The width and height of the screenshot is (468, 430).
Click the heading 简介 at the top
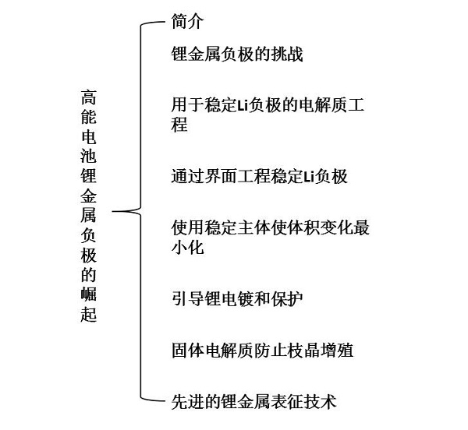tap(187, 22)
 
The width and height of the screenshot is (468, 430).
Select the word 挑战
tap(287, 54)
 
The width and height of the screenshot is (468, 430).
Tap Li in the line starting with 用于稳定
tap(243, 105)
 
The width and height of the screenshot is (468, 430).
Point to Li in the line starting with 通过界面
tap(309, 177)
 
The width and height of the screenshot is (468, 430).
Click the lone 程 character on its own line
tap(179, 125)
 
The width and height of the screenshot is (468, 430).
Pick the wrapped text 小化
tap(187, 248)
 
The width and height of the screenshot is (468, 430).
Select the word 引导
tap(187, 298)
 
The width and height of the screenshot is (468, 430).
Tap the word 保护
tap(287, 298)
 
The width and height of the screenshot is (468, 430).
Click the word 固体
tap(187, 350)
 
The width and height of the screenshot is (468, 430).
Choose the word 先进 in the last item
tap(187, 401)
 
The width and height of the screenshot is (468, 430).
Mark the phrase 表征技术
tap(303, 401)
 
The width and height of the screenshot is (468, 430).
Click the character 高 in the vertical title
tap(89, 97)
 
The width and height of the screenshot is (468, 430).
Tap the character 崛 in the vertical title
tap(89, 294)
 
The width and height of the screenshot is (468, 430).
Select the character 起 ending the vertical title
tap(89, 313)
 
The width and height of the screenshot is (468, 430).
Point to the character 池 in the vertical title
tap(89, 156)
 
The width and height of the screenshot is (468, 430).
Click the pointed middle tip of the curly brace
tap(112, 212)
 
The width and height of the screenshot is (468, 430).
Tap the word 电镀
tap(237, 298)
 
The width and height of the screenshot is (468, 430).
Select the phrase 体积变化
tap(320, 228)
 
